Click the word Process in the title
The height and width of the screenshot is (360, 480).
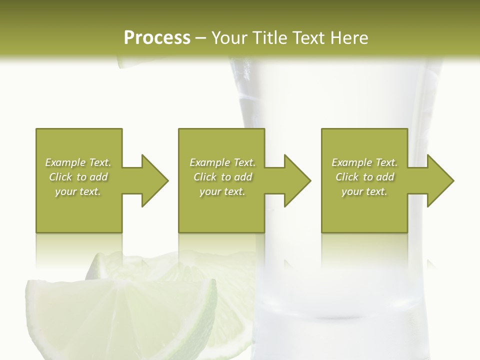point(157,38)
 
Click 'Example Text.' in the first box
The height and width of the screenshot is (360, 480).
point(78,162)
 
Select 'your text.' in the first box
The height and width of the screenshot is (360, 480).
point(78,191)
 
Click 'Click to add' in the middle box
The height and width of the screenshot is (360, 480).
point(222,177)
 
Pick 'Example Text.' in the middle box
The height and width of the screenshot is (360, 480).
point(222,162)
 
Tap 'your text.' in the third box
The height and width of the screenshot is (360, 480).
point(364,191)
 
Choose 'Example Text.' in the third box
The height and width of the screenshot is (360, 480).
point(364,162)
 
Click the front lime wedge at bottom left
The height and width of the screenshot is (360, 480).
point(125,320)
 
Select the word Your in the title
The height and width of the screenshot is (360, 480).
point(228,38)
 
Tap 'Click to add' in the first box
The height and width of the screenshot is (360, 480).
point(78,177)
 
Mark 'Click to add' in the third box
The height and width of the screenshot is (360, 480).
point(364,177)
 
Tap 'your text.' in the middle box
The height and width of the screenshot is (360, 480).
point(222,191)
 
